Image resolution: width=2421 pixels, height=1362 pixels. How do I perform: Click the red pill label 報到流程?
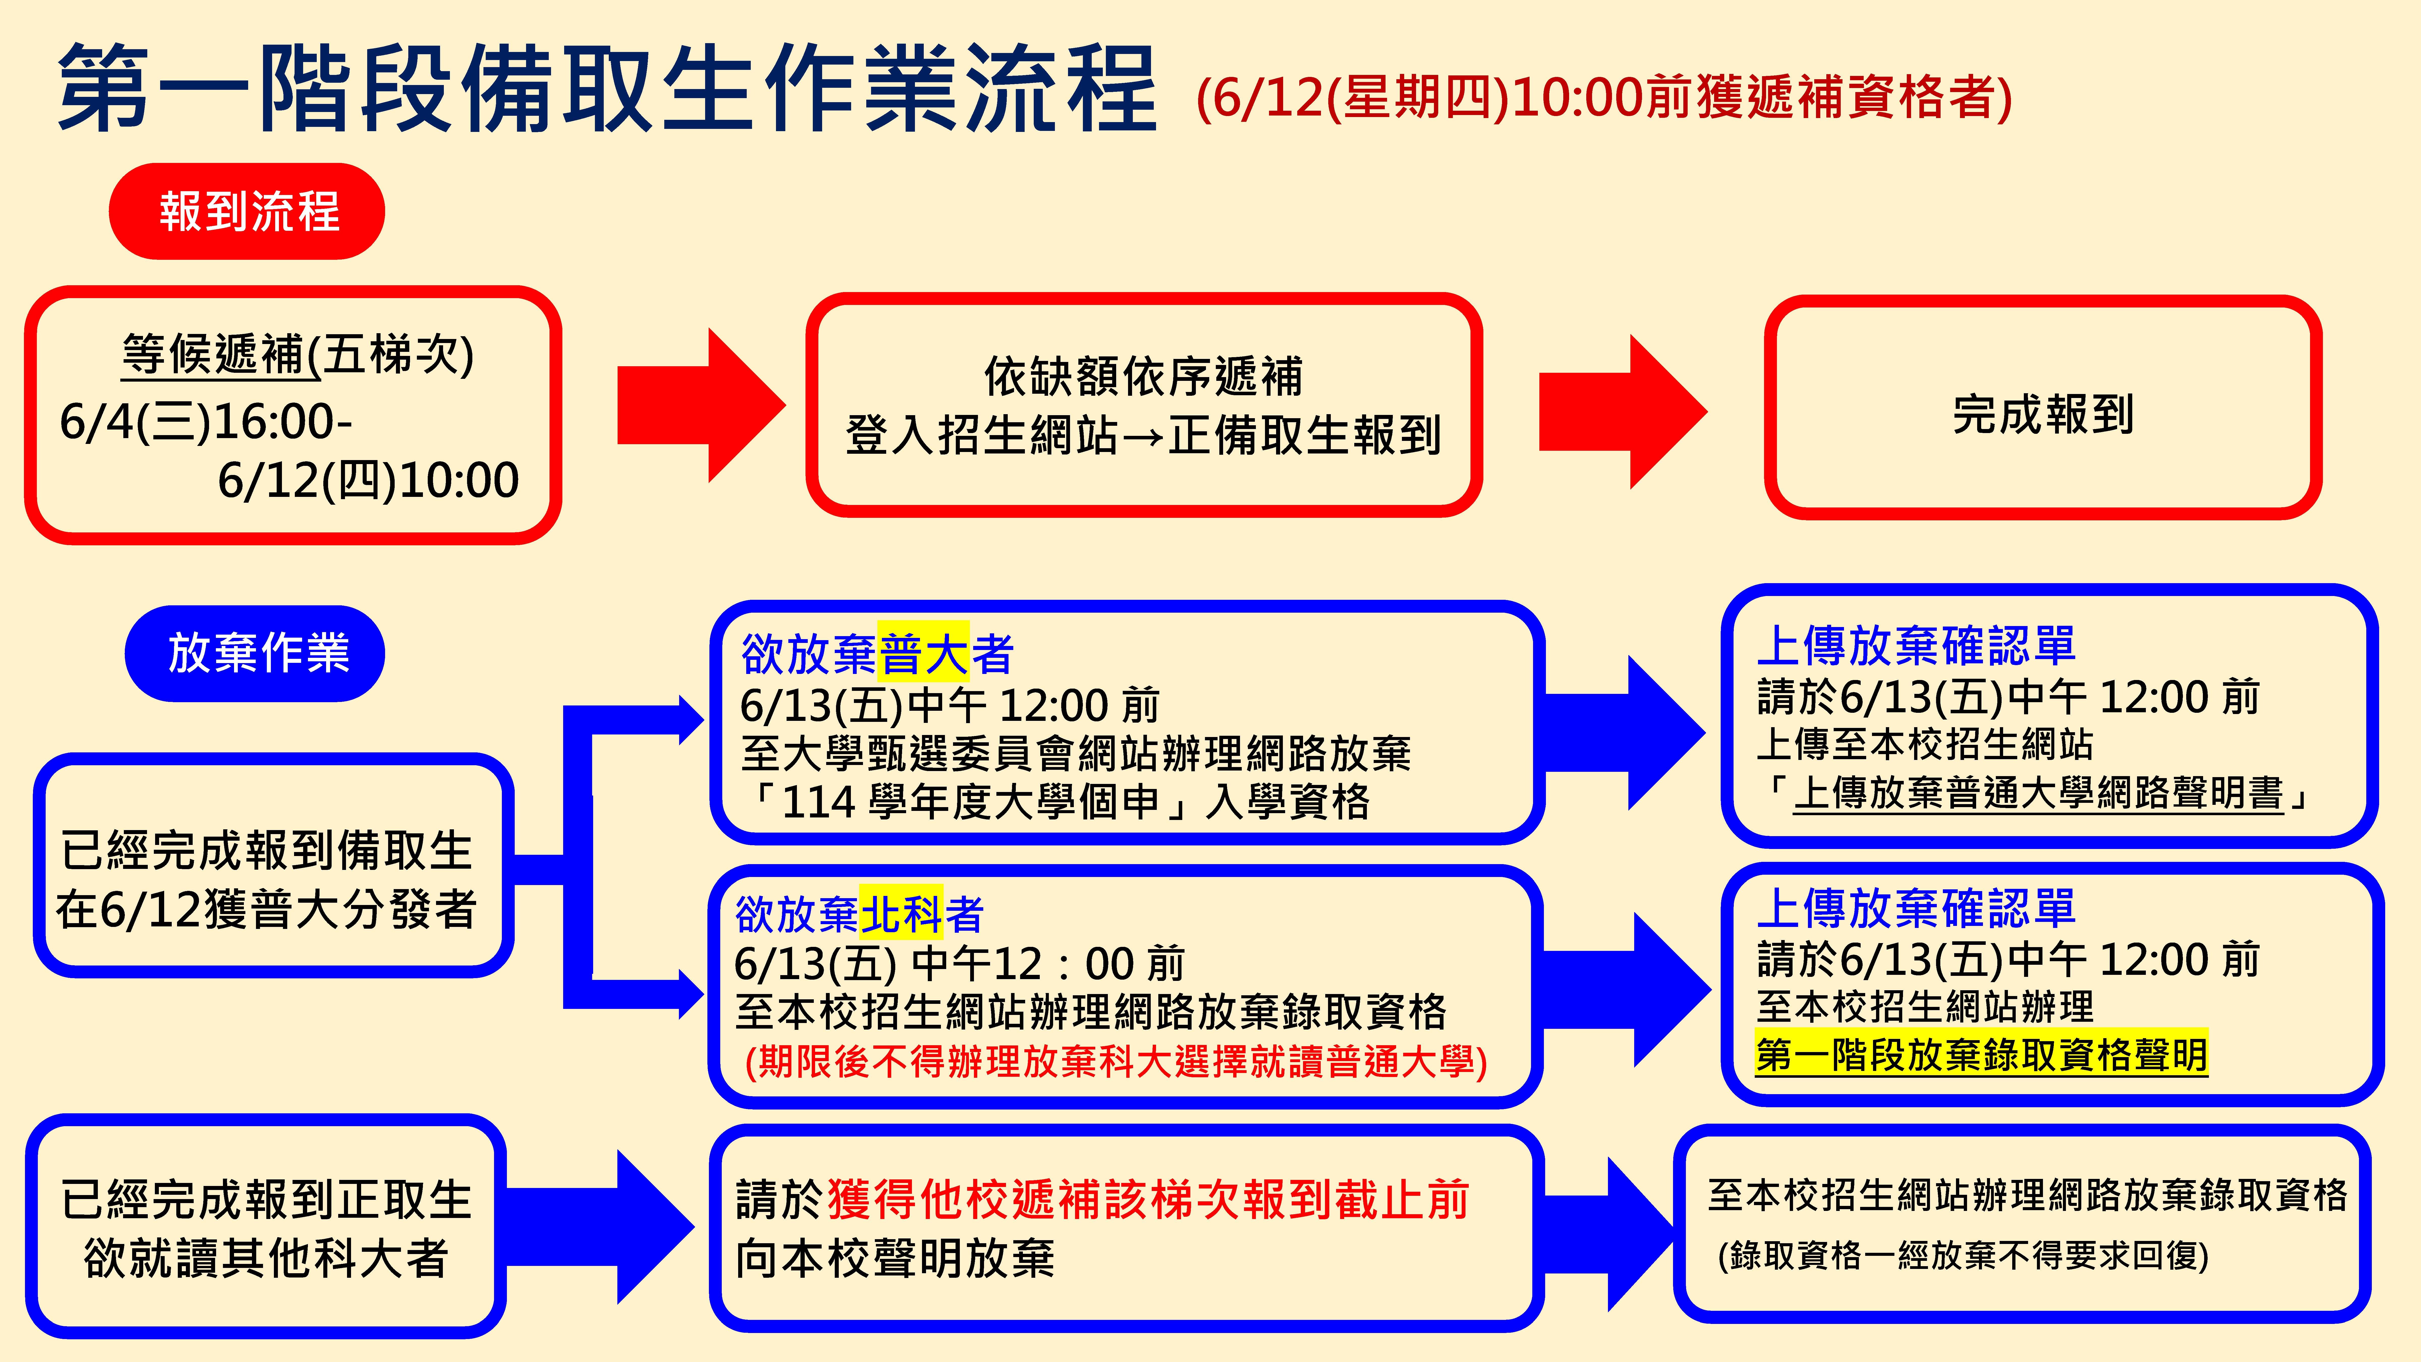click(247, 212)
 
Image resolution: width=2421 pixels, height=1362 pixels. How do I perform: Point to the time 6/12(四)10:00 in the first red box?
click(368, 480)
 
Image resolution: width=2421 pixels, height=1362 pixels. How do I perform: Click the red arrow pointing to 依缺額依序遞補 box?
click(700, 405)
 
